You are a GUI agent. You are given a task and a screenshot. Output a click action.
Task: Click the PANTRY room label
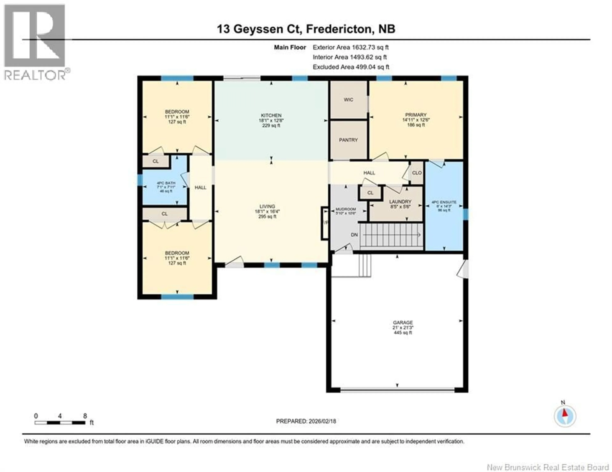pyautogui.click(x=348, y=140)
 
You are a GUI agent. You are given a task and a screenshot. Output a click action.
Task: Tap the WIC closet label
pyautogui.click(x=348, y=100)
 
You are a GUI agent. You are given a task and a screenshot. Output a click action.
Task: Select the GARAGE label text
pyautogui.click(x=403, y=322)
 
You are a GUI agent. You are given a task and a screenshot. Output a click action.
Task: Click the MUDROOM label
pyautogui.click(x=346, y=209)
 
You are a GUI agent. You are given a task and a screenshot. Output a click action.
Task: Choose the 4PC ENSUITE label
pyautogui.click(x=444, y=202)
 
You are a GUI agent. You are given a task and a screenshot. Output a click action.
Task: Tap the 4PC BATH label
pyautogui.click(x=166, y=183)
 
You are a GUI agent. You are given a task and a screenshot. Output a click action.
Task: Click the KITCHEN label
pyautogui.click(x=271, y=115)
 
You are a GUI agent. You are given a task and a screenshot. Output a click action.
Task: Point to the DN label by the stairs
pyautogui.click(x=354, y=235)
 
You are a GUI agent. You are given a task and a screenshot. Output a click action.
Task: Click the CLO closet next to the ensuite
pyautogui.click(x=417, y=173)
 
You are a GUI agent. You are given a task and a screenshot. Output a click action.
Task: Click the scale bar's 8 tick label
pyautogui.click(x=85, y=416)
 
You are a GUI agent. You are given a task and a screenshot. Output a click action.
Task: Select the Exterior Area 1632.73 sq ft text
pyautogui.click(x=351, y=47)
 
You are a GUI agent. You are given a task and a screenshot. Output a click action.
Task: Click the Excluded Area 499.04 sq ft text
pyautogui.click(x=351, y=67)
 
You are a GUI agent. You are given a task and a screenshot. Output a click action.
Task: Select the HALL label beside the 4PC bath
pyautogui.click(x=200, y=188)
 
